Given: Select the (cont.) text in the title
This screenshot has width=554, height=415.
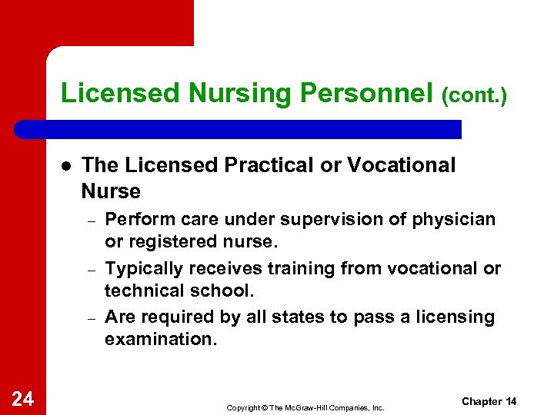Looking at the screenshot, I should [x=474, y=96].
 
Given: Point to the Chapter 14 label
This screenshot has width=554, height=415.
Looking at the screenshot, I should [x=489, y=402].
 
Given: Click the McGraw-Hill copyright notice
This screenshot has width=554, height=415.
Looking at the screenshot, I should [x=305, y=407].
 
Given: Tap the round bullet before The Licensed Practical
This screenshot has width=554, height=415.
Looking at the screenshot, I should [x=66, y=166].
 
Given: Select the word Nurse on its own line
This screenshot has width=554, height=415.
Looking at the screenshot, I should [x=111, y=191].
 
